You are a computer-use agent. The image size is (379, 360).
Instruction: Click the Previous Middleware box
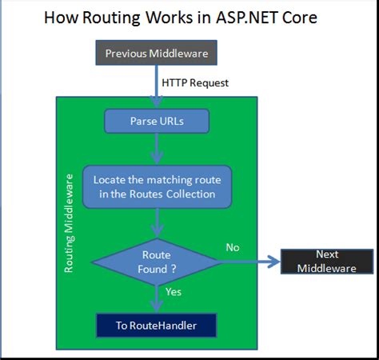click(x=156, y=54)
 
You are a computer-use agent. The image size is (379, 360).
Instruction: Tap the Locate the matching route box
click(x=157, y=186)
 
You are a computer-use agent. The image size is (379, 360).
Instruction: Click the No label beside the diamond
click(x=233, y=247)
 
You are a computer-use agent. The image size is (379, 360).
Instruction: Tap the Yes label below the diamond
click(x=174, y=292)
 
